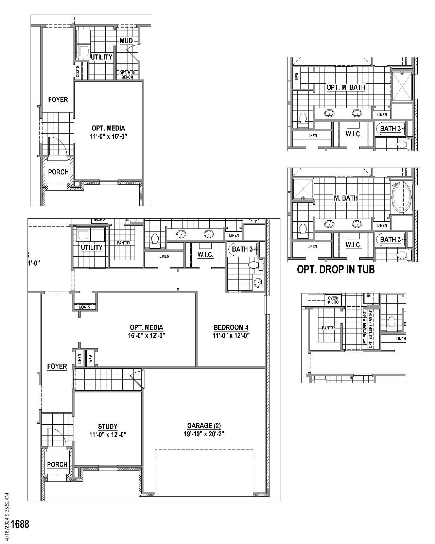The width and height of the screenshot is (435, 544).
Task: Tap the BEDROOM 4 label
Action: pyautogui.click(x=231, y=327)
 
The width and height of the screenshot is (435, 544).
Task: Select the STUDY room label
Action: pyautogui.click(x=108, y=426)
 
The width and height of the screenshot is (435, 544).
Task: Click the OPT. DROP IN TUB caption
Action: pyautogui.click(x=336, y=270)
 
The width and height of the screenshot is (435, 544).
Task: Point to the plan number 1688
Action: pyautogui.click(x=20, y=524)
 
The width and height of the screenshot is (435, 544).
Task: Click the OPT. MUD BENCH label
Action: pyautogui.click(x=127, y=75)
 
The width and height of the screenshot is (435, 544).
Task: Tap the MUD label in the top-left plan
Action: pyautogui.click(x=126, y=41)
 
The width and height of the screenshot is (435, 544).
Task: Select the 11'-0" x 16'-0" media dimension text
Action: pyautogui.click(x=108, y=136)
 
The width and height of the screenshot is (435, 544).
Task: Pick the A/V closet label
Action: pyautogui.click(x=90, y=358)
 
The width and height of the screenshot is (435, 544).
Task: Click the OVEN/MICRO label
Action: pyautogui.click(x=333, y=300)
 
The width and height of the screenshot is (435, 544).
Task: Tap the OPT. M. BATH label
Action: pyautogui.click(x=346, y=87)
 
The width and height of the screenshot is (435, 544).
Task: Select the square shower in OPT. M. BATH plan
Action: pyautogui.click(x=402, y=86)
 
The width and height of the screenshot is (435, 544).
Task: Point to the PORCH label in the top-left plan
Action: pyautogui.click(x=58, y=172)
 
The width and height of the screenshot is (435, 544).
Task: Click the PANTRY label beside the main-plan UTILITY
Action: pyautogui.click(x=123, y=243)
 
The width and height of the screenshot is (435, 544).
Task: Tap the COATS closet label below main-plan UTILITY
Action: pyautogui.click(x=85, y=307)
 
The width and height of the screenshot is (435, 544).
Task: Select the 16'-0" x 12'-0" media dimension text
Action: pyautogui.click(x=147, y=336)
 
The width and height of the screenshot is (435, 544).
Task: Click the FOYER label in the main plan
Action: pyautogui.click(x=57, y=367)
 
